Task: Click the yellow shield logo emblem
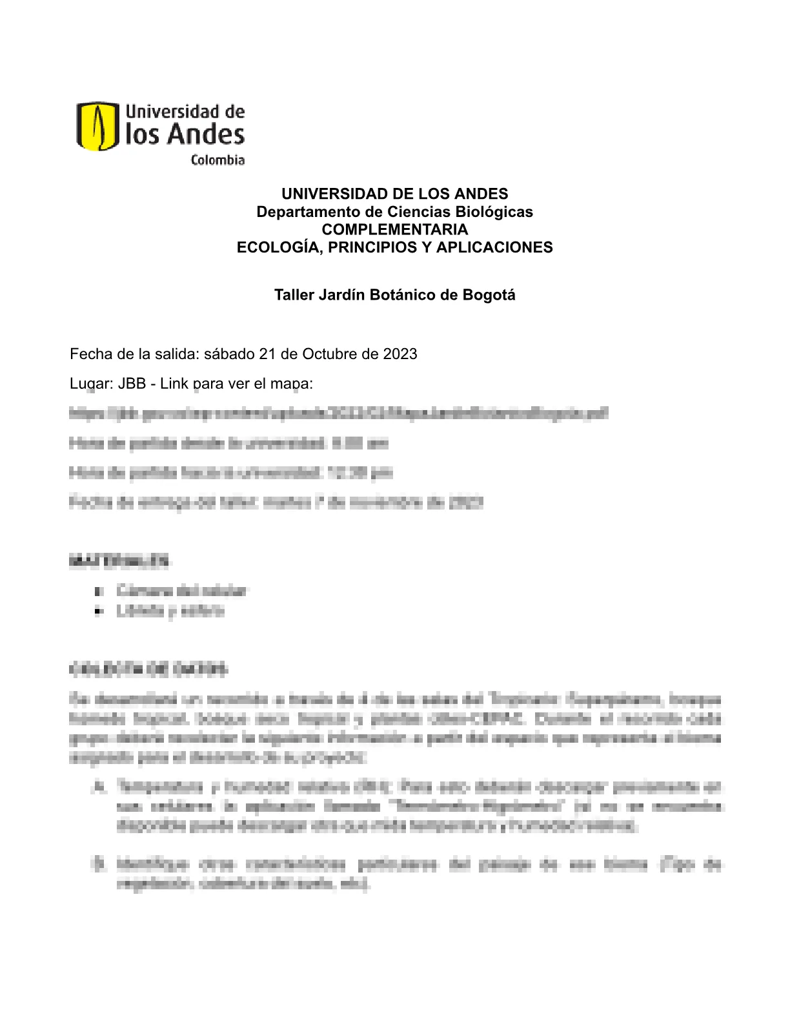(x=97, y=126)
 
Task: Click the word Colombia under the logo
(x=218, y=160)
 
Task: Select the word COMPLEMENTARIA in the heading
(x=394, y=229)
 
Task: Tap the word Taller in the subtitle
(x=293, y=295)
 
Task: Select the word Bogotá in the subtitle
(x=489, y=295)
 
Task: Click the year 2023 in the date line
(x=400, y=354)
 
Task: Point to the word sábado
(x=229, y=354)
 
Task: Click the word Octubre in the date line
(x=326, y=354)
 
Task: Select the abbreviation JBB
(x=132, y=384)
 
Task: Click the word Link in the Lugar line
(x=174, y=384)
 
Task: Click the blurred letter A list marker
(x=99, y=787)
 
